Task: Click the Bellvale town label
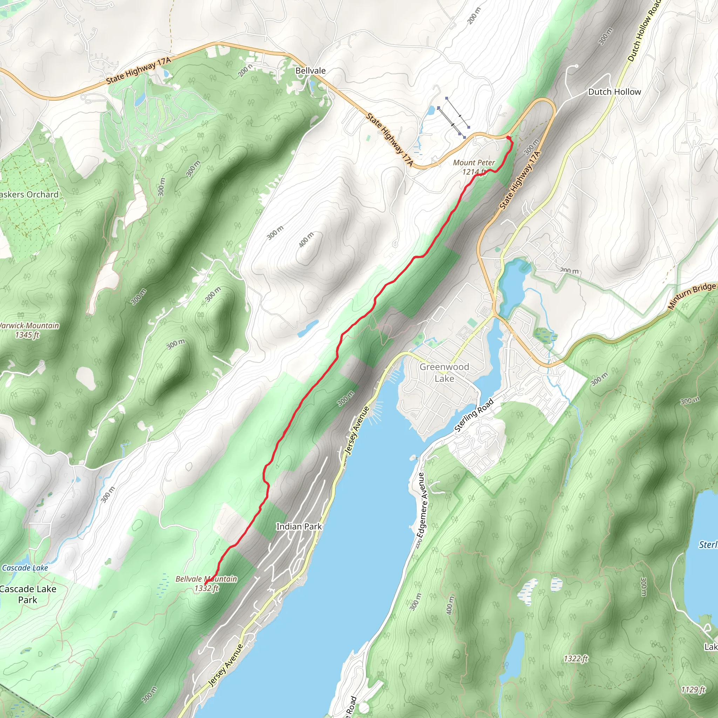pos(310,70)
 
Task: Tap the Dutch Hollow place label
pos(614,92)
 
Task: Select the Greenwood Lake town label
pos(444,372)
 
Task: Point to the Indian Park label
pos(299,527)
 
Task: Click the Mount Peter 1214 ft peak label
pos(474,167)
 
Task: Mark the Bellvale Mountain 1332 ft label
pos(206,583)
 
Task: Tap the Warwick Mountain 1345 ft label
pos(28,330)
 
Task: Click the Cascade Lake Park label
pos(28,594)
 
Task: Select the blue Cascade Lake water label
pos(25,568)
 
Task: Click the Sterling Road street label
pos(474,415)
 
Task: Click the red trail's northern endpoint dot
pos(508,138)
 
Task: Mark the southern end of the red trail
pos(205,584)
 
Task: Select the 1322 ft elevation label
pos(576,659)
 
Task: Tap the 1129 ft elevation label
pos(693,690)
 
